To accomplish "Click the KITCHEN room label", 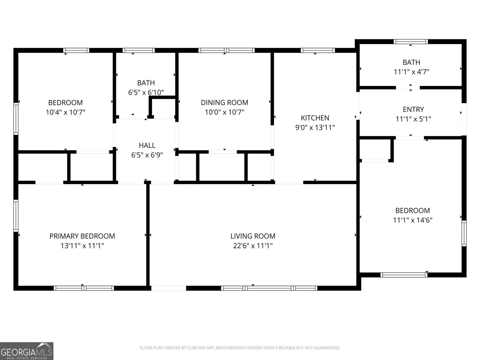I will coord(315,118).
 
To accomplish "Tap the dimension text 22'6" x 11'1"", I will coord(253,246).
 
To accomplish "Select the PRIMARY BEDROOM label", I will coord(82,236).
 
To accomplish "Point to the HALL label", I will coord(147,145).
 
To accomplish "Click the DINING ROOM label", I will coord(224,103).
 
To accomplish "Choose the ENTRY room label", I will coord(413,109).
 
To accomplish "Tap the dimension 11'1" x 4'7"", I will coord(411,72).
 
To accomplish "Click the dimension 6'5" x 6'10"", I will coord(146,92).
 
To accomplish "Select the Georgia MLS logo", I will coord(26,351).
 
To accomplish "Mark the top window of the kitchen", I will coord(318,50).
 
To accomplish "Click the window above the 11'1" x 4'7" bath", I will coord(411,42).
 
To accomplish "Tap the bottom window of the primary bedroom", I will coord(84,288).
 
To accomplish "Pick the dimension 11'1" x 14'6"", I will coord(412,220).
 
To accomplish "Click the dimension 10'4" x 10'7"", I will coord(65,112).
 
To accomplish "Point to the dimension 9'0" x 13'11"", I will coord(315,127).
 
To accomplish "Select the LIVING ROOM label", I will coord(253,236).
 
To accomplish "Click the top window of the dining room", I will coord(226,50).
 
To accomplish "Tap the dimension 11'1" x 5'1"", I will coord(413,119).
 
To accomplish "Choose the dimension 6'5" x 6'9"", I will coord(147,155).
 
